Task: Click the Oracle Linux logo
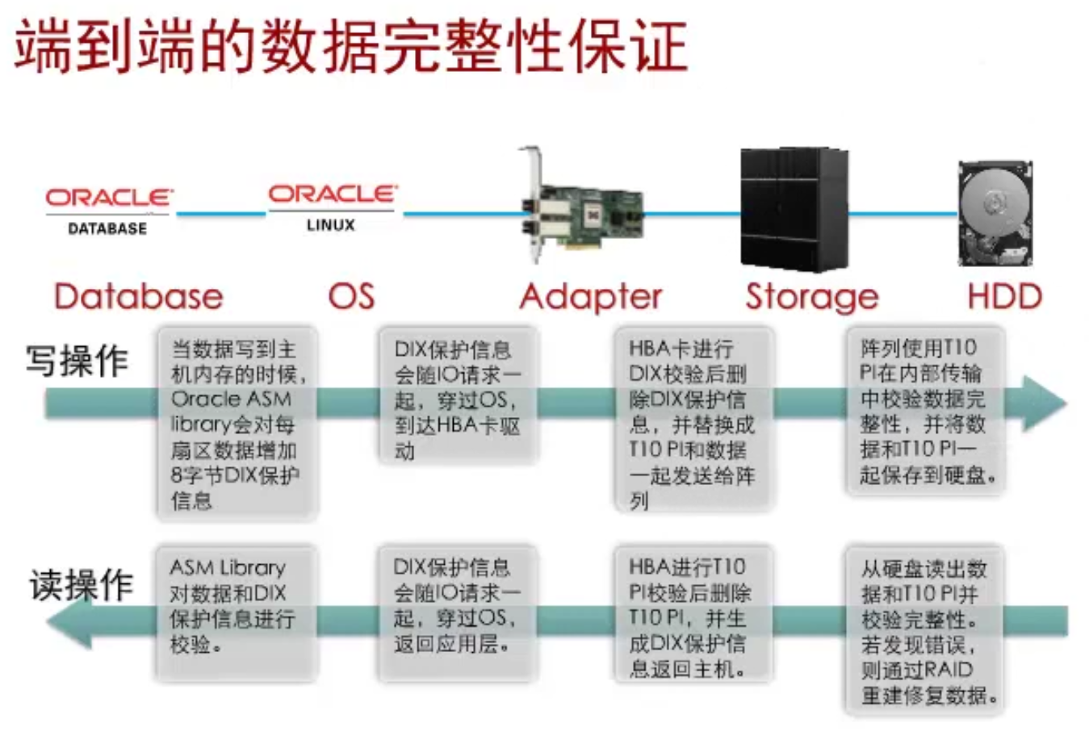[x=331, y=207]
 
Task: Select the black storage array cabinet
[x=794, y=209]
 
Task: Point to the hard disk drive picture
[x=995, y=214]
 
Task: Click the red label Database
[x=138, y=297]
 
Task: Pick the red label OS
[x=351, y=297]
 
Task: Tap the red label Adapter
[x=591, y=298]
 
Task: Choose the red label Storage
[x=811, y=298]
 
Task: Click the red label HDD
[x=1004, y=297]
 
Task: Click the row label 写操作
[x=77, y=360]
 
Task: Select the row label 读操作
[x=81, y=584]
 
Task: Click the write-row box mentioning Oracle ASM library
[x=237, y=423]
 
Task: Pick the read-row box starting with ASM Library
[x=233, y=612]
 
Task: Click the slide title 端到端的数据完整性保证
[x=351, y=46]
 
